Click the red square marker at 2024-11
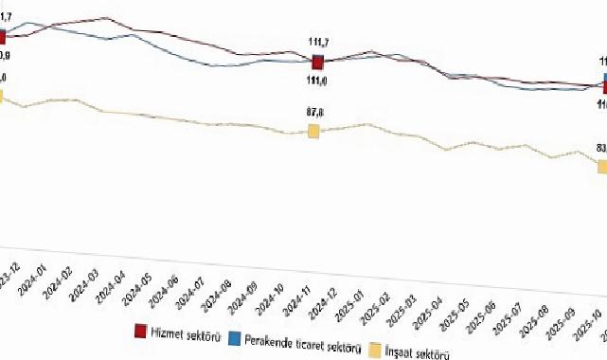(x=318, y=62)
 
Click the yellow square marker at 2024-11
(x=313, y=131)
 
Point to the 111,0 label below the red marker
(x=317, y=81)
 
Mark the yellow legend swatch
(x=375, y=347)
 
